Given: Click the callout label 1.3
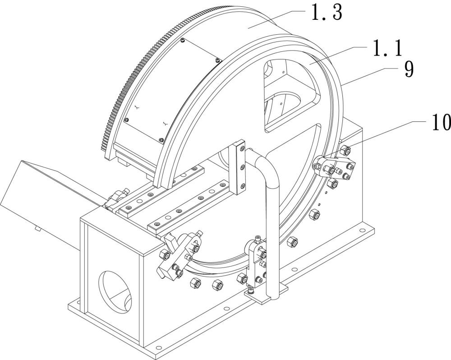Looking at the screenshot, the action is point(327,13).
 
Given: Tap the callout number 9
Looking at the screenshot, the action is point(409,69).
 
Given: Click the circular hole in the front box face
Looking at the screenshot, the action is point(115,291).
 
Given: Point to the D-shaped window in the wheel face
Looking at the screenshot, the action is point(290,95).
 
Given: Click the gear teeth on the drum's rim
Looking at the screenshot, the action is point(138,72).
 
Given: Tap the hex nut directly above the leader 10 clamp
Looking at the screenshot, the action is point(345,151).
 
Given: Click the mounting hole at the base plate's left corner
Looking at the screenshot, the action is point(78,303).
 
